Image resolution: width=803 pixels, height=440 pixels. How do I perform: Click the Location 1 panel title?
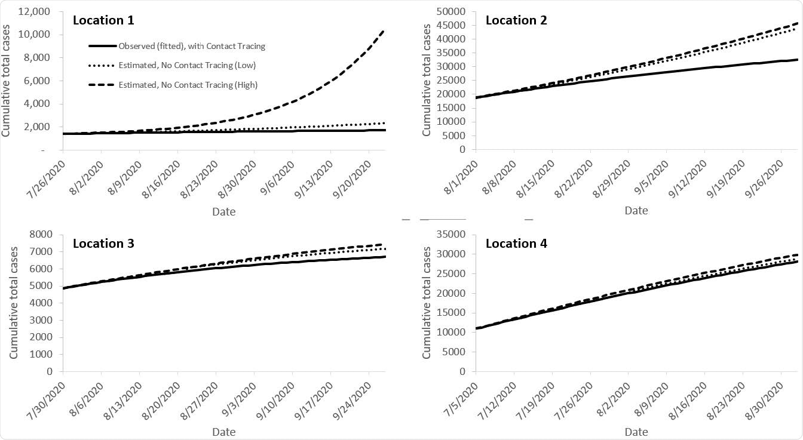[103, 20]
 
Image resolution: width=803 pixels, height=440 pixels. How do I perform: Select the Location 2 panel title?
[516, 20]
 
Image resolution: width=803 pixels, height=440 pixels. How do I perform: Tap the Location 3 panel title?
[103, 243]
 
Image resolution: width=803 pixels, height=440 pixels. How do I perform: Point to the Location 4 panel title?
[516, 243]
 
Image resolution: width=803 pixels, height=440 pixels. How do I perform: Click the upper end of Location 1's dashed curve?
[384, 29]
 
